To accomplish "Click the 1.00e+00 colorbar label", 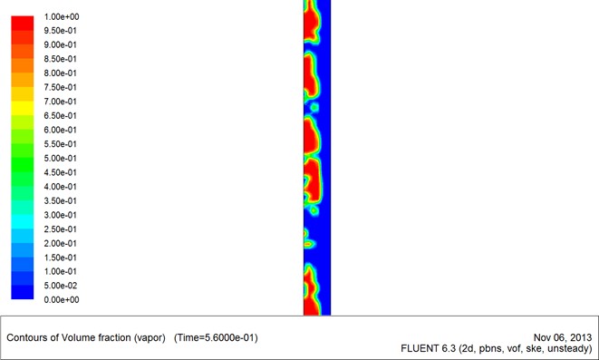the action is pyautogui.click(x=62, y=17).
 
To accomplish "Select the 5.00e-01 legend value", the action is pyautogui.click(x=61, y=158).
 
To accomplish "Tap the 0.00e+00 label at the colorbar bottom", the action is pyautogui.click(x=62, y=299).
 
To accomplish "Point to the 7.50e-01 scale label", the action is pyautogui.click(x=61, y=88).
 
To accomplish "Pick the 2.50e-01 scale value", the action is pyautogui.click(x=61, y=229).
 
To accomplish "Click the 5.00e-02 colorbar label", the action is pyautogui.click(x=61, y=286).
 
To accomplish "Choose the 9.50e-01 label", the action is pyautogui.click(x=61, y=31).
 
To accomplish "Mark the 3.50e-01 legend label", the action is pyautogui.click(x=61, y=201).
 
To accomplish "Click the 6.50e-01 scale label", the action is pyautogui.click(x=61, y=116).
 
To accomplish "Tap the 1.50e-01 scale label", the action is pyautogui.click(x=61, y=258).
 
